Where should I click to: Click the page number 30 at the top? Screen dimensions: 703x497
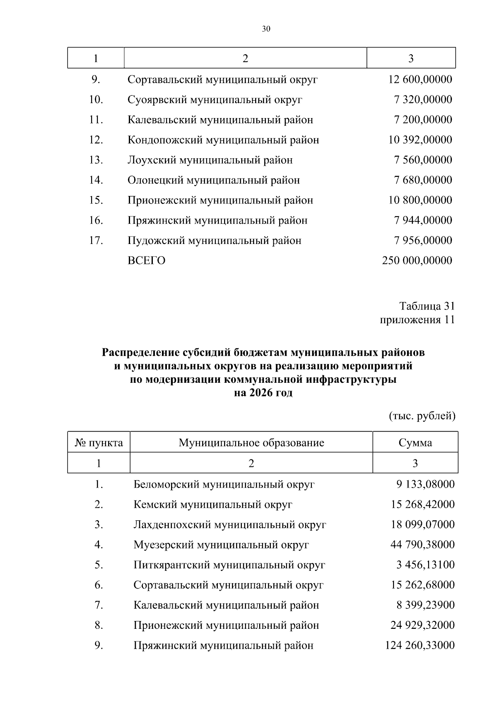(x=266, y=29)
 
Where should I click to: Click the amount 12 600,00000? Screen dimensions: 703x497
(x=420, y=80)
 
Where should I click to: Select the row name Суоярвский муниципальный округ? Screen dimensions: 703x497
(x=215, y=100)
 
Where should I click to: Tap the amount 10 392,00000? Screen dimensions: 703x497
(x=420, y=140)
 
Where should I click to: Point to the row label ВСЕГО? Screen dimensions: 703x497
(x=146, y=261)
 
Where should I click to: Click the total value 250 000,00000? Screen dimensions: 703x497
(x=417, y=261)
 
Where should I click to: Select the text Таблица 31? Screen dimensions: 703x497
(x=427, y=306)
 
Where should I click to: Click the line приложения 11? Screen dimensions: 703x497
(x=417, y=320)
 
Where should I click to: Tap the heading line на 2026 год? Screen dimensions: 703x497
(x=263, y=393)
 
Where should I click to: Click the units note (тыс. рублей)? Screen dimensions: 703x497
(x=422, y=416)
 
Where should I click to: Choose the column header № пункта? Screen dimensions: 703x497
(x=99, y=443)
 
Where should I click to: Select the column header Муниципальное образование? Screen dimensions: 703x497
(x=251, y=443)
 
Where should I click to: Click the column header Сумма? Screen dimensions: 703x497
(x=415, y=443)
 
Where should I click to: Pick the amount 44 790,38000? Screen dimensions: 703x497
(x=422, y=545)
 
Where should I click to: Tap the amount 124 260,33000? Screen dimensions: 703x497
(x=420, y=645)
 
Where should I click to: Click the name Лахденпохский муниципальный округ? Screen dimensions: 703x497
(x=229, y=525)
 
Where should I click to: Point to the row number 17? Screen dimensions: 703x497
(x=96, y=241)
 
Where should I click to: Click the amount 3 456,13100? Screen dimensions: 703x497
(x=425, y=565)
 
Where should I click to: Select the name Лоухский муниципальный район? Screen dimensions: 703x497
(x=210, y=160)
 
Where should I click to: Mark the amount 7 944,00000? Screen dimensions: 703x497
(x=422, y=220)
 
